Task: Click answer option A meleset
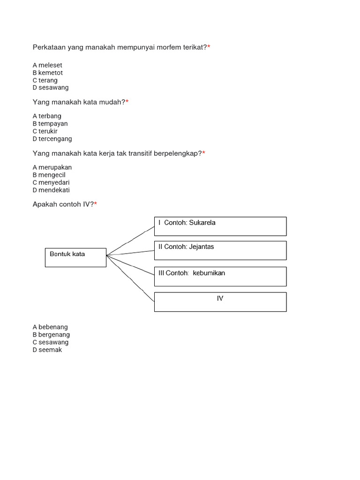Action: (x=47, y=65)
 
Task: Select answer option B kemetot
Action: (x=48, y=73)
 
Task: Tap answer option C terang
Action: (x=45, y=80)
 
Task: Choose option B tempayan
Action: (x=50, y=124)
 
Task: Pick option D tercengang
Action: (x=52, y=139)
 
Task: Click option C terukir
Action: (x=45, y=131)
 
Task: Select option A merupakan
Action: (x=52, y=167)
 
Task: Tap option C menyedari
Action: (x=51, y=182)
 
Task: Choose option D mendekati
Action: (x=51, y=190)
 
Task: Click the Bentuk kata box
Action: (x=75, y=257)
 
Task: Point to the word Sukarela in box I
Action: (x=202, y=223)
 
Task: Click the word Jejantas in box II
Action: (x=202, y=247)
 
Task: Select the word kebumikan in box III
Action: (x=209, y=273)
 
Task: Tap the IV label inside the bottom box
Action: (x=220, y=298)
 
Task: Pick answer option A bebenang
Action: (x=50, y=327)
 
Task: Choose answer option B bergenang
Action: (x=51, y=335)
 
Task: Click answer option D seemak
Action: (x=47, y=350)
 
